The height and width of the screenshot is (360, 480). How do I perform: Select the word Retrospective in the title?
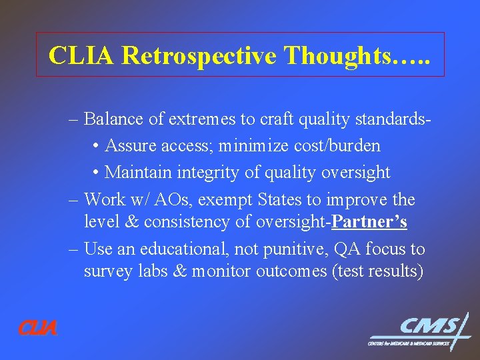(199, 55)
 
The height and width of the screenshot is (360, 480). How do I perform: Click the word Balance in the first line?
(116, 119)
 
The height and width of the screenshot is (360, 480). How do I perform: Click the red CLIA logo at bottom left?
(37, 328)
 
